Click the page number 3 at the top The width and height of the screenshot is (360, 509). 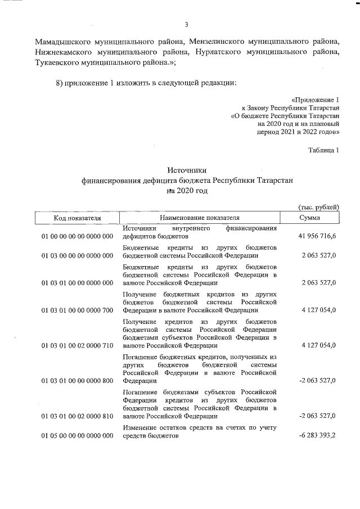[x=186, y=24]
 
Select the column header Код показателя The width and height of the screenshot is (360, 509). [x=77, y=218]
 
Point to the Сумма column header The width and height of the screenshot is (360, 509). [x=310, y=218]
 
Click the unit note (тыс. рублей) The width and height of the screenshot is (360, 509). [x=318, y=208]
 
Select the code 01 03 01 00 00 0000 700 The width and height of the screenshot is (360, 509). [x=78, y=310]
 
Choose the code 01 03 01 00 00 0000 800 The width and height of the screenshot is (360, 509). [x=78, y=381]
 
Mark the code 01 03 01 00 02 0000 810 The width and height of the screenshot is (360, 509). [x=78, y=416]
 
